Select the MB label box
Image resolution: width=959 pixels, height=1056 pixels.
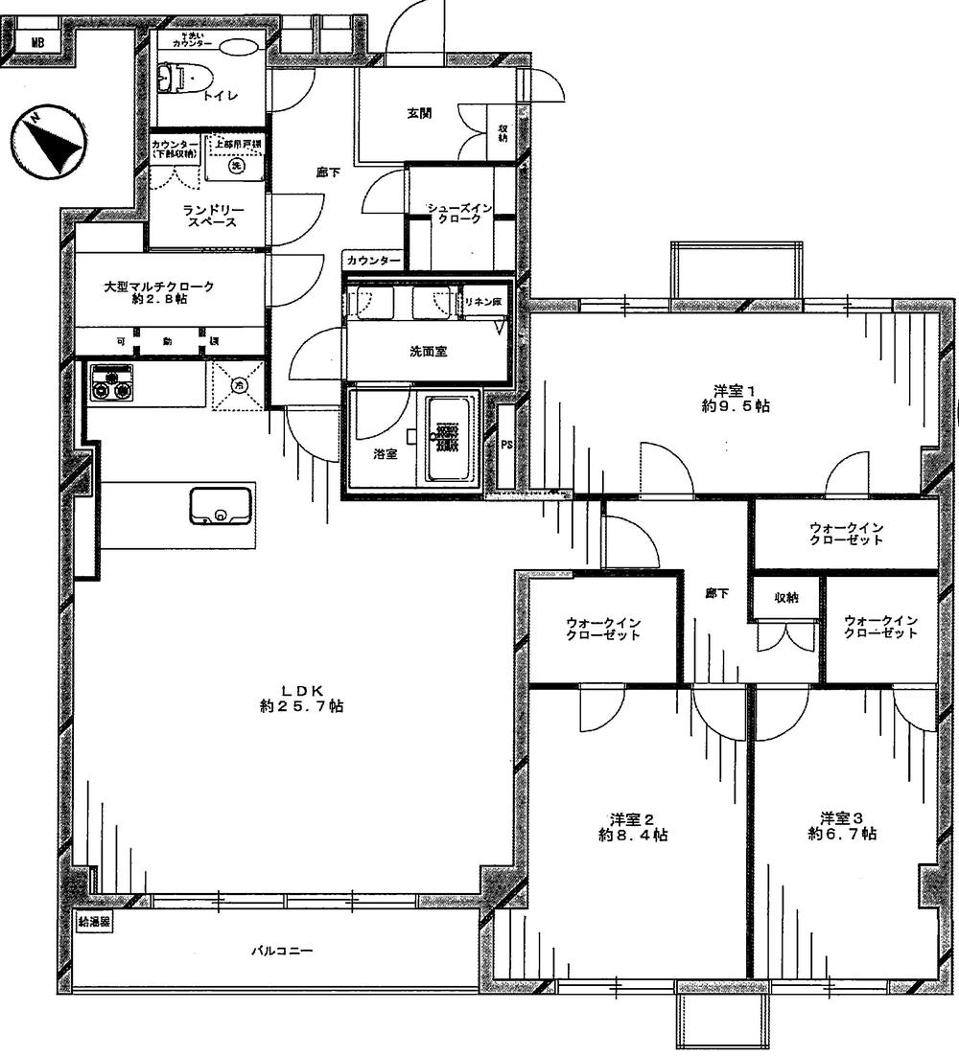(37, 42)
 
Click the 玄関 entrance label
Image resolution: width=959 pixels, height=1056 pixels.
(418, 113)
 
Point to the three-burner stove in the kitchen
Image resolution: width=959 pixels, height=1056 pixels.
(111, 384)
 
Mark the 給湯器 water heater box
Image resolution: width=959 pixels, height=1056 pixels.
(93, 923)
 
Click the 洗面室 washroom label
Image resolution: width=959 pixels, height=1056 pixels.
(428, 352)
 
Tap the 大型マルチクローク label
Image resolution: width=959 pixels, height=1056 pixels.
(159, 292)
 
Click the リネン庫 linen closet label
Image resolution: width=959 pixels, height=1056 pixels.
(483, 301)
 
